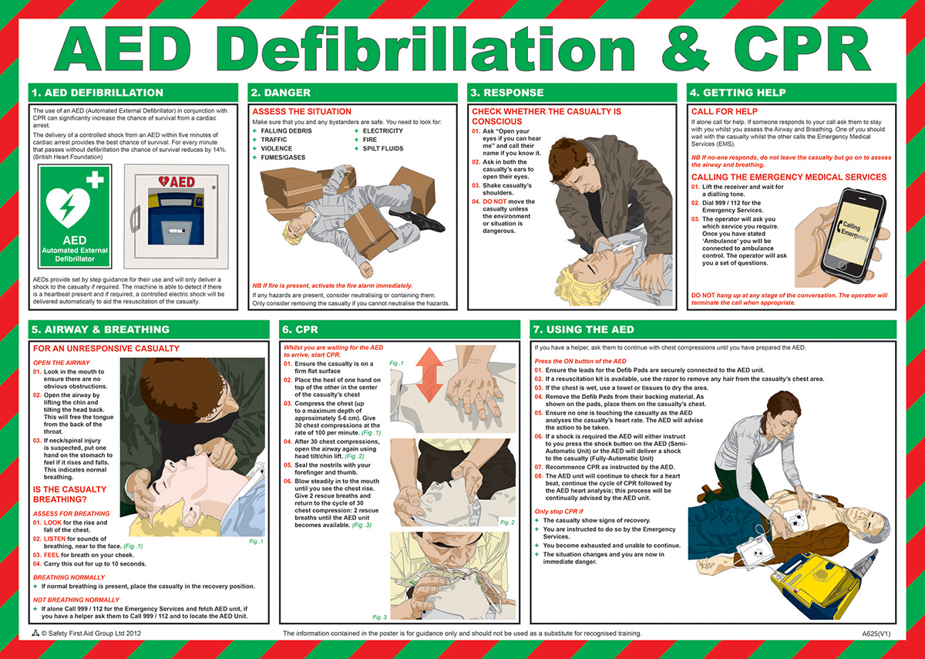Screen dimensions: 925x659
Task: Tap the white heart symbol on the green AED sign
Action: [x=68, y=208]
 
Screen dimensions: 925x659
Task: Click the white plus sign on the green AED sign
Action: [x=95, y=180]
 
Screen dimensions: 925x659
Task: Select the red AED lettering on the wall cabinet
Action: [x=177, y=181]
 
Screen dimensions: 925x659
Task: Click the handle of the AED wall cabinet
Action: [x=135, y=219]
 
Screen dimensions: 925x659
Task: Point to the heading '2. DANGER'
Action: [x=281, y=93]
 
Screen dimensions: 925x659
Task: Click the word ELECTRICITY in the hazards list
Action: [x=383, y=130]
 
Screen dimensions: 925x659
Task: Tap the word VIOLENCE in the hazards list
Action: [x=276, y=148]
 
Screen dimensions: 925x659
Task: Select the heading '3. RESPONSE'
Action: [x=506, y=93]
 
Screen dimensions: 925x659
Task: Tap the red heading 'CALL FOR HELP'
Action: [x=725, y=112]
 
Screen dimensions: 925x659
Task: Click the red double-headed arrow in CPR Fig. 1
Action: [x=429, y=373]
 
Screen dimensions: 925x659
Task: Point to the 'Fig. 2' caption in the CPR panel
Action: [x=507, y=522]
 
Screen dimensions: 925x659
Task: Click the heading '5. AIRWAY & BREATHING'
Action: [x=100, y=329]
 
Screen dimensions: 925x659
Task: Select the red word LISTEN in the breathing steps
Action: [x=55, y=539]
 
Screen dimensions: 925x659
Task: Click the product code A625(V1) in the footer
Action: [x=876, y=634]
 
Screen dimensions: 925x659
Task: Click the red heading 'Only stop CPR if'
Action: [x=559, y=512]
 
